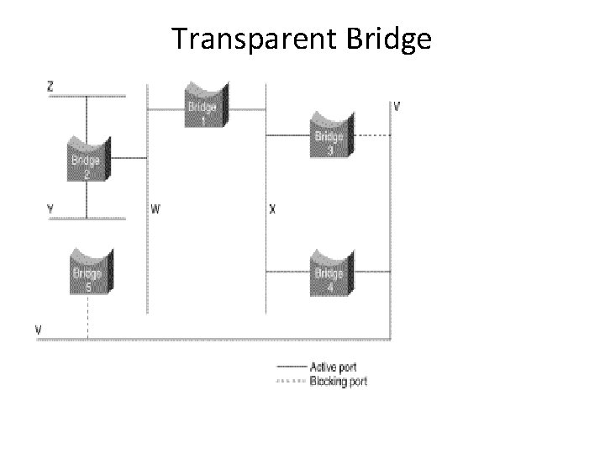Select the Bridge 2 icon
86,160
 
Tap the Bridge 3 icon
329,136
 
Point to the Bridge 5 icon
87,272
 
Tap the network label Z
50,86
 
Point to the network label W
156,208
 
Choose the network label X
272,208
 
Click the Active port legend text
333,367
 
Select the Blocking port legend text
338,381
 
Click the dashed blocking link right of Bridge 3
371,135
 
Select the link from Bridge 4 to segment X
288,272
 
